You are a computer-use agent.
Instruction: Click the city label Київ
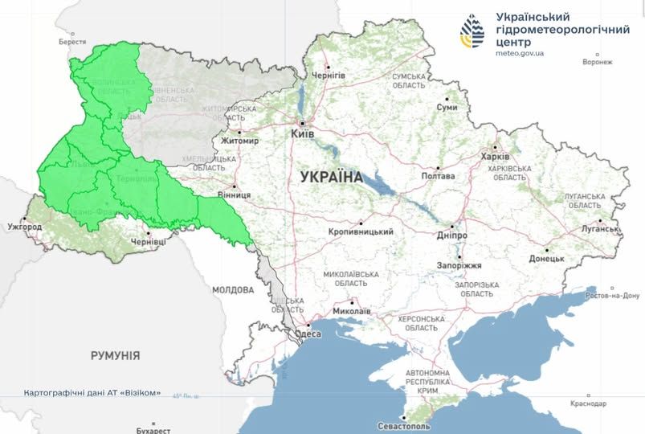[302, 135]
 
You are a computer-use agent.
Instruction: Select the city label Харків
[494, 157]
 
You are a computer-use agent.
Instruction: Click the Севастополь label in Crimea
[404, 425]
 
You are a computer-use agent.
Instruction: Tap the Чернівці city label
[149, 241]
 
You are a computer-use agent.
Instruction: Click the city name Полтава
[438, 176]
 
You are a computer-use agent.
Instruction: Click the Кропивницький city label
[361, 232]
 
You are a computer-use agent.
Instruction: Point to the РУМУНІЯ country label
[115, 354]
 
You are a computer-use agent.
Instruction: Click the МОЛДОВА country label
[233, 289]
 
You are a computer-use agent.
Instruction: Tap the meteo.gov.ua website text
[520, 54]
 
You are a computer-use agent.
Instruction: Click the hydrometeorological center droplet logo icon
[472, 33]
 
